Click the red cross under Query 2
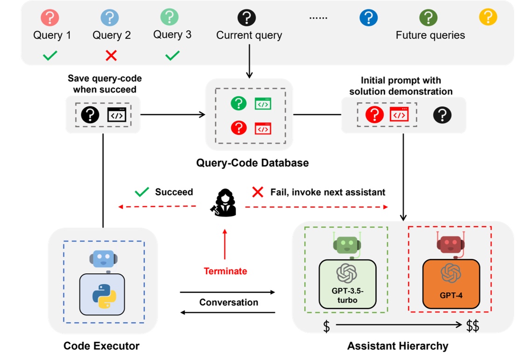coord(111,56)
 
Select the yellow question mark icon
coord(488,17)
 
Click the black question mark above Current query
coord(247,18)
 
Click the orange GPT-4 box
coord(451,284)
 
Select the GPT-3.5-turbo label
coord(347,296)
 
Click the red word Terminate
coord(225,271)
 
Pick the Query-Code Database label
coord(252,163)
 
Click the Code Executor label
coord(101,346)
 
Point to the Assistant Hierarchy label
coord(397,346)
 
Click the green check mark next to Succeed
coord(141,192)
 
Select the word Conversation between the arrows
coord(229,302)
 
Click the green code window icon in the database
coord(263,104)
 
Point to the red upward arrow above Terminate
coord(225,244)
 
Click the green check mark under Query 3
coord(172,56)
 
